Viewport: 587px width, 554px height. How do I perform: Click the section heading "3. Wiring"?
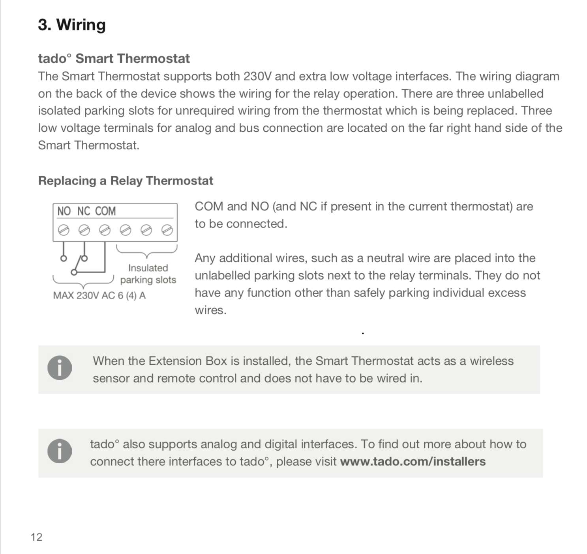(x=72, y=25)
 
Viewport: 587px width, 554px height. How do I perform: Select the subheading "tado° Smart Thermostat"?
(x=114, y=58)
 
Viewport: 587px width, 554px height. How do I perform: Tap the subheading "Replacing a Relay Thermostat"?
(x=126, y=181)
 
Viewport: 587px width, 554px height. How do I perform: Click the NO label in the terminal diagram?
(x=64, y=211)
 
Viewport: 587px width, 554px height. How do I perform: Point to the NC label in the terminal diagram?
(x=84, y=211)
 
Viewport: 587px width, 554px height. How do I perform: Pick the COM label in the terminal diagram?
(x=105, y=211)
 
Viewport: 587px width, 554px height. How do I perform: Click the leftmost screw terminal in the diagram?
(x=64, y=230)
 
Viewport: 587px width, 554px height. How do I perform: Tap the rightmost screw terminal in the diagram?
(x=167, y=230)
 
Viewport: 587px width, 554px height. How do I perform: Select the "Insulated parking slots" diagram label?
(x=148, y=274)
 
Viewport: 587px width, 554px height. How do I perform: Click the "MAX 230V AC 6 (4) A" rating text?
(x=99, y=295)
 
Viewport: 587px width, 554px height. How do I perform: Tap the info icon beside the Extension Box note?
(x=60, y=368)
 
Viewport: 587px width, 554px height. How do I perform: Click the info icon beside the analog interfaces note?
(x=60, y=451)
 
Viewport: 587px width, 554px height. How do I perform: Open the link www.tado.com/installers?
(x=413, y=461)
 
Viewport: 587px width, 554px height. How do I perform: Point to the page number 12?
(x=36, y=537)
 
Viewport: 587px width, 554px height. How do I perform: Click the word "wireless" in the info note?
(x=491, y=361)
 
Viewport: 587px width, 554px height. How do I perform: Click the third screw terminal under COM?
(x=105, y=230)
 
